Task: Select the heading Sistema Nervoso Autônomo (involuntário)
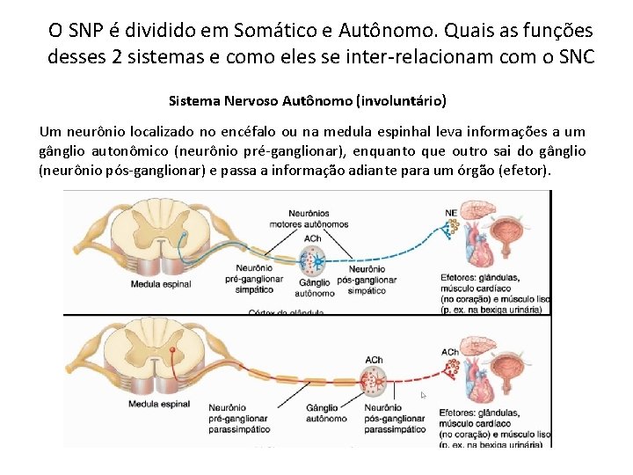pyautogui.click(x=307, y=100)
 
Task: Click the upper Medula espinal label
pyautogui.click(x=160, y=284)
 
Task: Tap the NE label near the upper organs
pyautogui.click(x=451, y=212)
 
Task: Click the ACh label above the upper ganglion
pyautogui.click(x=312, y=237)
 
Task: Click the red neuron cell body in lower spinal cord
pyautogui.click(x=173, y=351)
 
